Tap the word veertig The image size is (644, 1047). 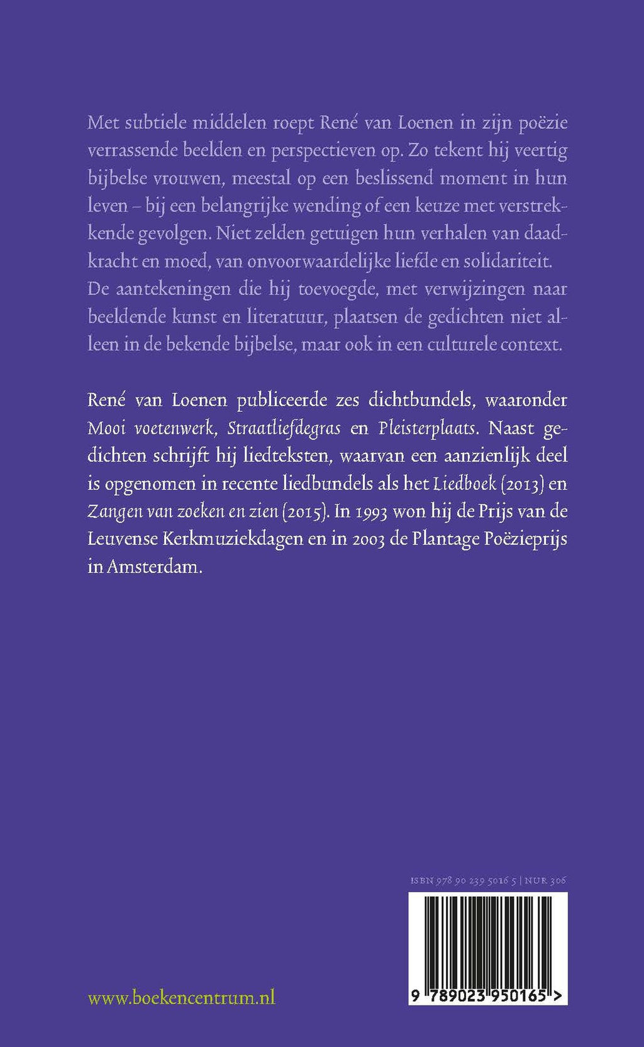pos(541,151)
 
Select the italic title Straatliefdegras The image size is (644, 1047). pos(284,428)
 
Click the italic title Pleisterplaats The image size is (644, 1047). pos(428,428)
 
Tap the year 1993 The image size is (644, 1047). pos(370,511)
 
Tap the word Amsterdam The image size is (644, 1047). pos(155,567)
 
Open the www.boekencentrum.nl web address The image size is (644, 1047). pos(181,997)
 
